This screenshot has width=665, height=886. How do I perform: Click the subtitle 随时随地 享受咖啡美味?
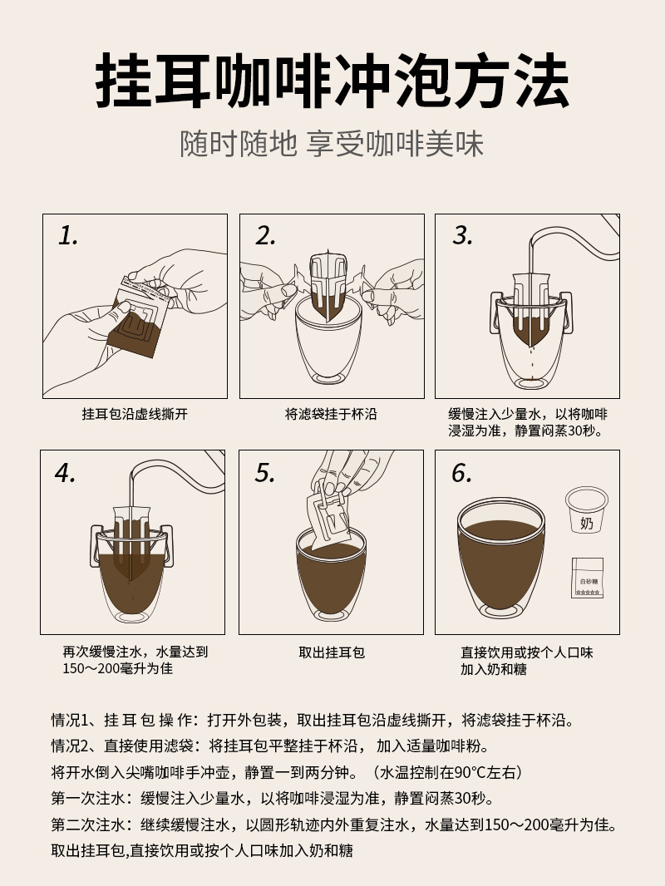tap(332, 144)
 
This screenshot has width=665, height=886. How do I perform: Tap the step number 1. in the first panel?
tap(67, 236)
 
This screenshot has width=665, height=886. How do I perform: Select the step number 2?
tap(265, 236)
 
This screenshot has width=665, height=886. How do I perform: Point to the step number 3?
tap(462, 236)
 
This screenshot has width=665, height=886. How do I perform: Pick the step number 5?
tap(264, 474)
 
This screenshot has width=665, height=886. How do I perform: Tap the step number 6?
tap(462, 474)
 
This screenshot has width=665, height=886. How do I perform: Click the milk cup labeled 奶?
tap(586, 510)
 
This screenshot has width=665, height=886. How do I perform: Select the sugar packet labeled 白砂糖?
tap(588, 578)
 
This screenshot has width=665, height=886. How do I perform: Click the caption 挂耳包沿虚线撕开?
tap(135, 413)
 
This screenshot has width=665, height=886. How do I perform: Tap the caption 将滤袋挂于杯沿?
tap(331, 413)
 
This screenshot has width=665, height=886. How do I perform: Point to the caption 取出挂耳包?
tap(332, 652)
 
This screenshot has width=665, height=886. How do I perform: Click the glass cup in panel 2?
tap(330, 345)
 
